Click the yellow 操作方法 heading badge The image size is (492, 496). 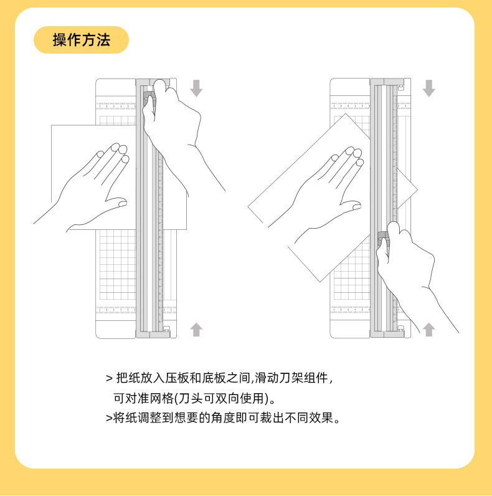tap(82, 41)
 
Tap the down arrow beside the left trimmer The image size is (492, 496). tap(196, 88)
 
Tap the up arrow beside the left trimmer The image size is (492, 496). tap(196, 329)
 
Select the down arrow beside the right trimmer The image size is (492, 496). tap(428, 88)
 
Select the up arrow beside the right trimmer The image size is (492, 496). tap(428, 329)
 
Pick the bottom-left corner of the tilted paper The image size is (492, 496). tap(319, 281)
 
